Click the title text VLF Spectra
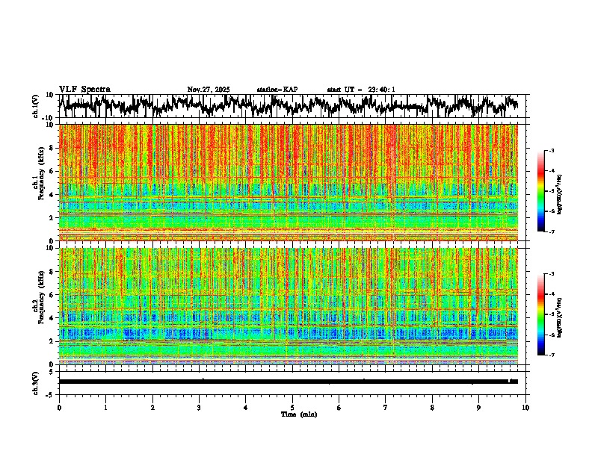84,90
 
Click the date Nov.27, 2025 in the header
209,90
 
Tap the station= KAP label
277,90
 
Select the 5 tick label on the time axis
292,407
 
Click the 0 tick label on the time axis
59,407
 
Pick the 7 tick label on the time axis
386,407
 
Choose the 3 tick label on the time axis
199,407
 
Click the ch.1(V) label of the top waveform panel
36,106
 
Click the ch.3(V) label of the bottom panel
36,382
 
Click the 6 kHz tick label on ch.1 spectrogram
52,171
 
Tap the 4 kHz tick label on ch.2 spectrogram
52,317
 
